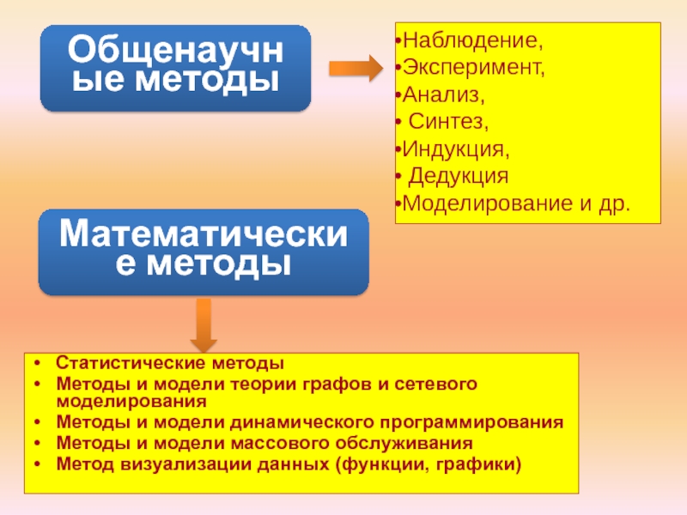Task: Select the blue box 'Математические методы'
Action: [x=204, y=249]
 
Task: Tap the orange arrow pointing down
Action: [x=203, y=324]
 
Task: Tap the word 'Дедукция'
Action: [x=458, y=176]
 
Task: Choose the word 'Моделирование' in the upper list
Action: [x=482, y=203]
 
